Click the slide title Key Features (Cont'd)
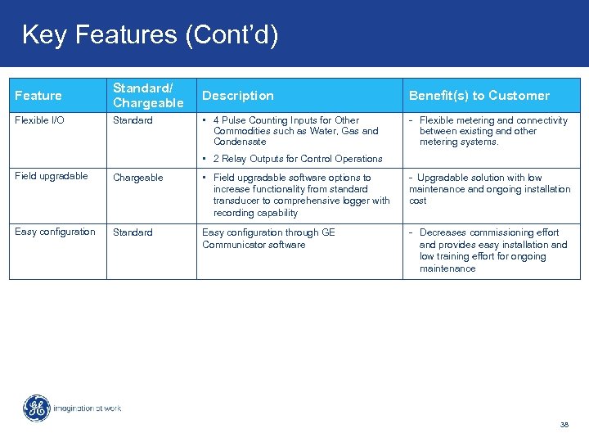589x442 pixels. coord(150,34)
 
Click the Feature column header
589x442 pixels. coord(38,96)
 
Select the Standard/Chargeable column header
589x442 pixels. coord(148,96)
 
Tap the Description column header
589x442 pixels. coord(238,96)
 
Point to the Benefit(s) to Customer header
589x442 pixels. coord(479,96)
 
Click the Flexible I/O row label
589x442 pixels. coord(39,120)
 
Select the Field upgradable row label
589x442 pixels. coord(52,176)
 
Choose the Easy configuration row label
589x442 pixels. coord(55,232)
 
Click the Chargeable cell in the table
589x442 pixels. coord(137,178)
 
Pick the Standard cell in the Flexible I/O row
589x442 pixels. coord(133,120)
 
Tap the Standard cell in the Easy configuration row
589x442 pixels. coord(133,232)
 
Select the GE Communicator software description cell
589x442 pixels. coord(268,238)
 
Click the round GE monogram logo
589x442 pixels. coord(36,408)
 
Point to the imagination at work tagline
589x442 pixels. coord(88,408)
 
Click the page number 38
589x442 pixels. coord(564,425)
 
